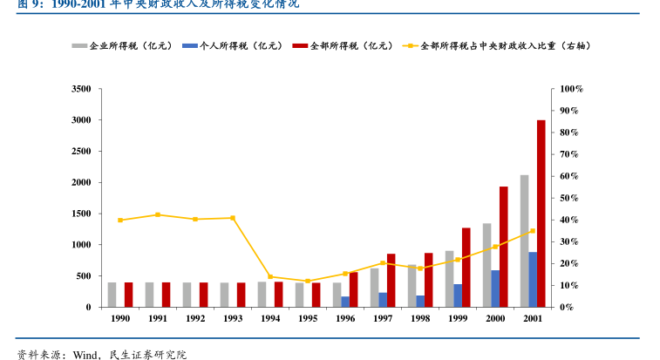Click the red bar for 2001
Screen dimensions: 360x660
point(541,214)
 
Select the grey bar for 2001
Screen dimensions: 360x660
point(524,241)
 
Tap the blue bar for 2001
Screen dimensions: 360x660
point(533,280)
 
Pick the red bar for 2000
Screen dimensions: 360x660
point(503,247)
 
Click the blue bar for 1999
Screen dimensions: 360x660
point(458,295)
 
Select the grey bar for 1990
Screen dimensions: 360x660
point(112,295)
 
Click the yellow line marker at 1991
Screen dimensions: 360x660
point(158,214)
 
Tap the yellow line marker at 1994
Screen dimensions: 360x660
point(270,277)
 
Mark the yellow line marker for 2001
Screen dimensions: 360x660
point(533,231)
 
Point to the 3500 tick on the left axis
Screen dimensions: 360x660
point(81,89)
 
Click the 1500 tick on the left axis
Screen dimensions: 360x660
point(81,214)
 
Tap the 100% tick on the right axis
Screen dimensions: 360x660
point(571,89)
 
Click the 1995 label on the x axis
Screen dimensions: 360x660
point(308,319)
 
